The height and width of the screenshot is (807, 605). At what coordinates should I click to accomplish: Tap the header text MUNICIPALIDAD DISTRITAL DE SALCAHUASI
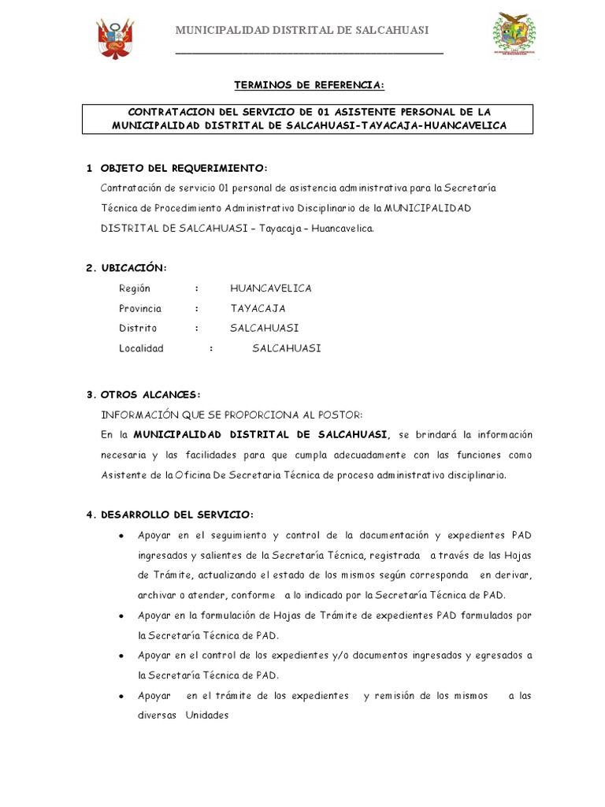(x=302, y=30)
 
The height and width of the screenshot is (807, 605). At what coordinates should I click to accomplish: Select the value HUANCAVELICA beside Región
(x=271, y=288)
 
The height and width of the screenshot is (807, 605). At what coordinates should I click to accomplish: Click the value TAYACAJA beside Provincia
(x=258, y=308)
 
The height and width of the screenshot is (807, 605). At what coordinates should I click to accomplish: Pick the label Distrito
(x=138, y=328)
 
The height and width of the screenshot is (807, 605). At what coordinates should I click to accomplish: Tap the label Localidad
(x=141, y=348)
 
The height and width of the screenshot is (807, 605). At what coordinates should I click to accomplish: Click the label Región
(x=135, y=288)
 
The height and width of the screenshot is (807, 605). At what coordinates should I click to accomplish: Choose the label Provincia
(x=140, y=308)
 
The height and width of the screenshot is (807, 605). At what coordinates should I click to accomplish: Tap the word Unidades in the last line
(x=207, y=716)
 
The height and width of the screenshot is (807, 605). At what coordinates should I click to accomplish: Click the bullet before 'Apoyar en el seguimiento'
(x=119, y=536)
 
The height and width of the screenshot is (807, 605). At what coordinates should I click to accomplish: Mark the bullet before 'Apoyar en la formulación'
(x=119, y=615)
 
